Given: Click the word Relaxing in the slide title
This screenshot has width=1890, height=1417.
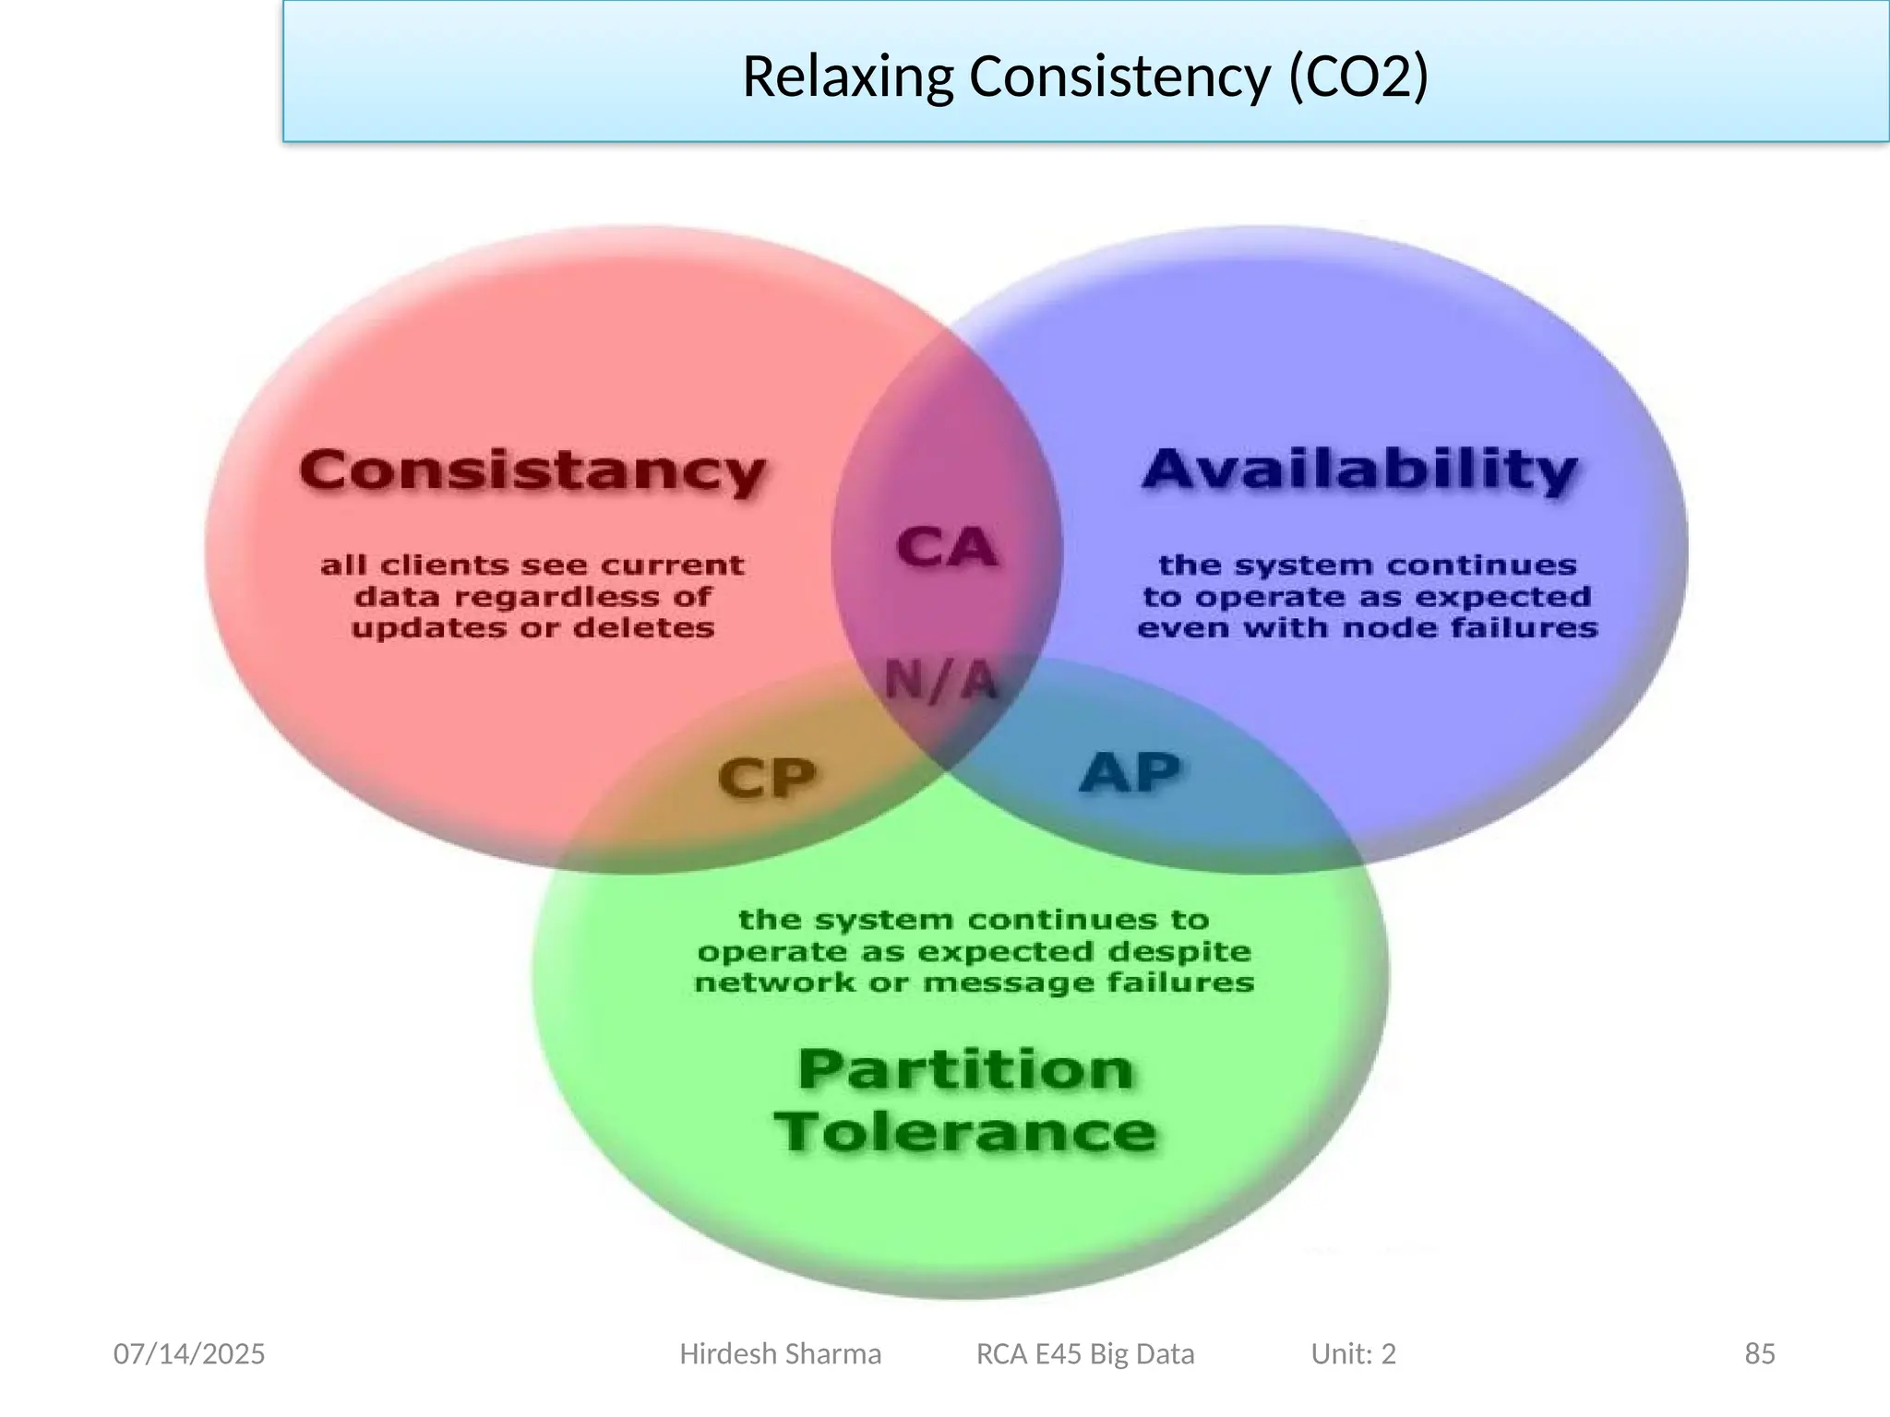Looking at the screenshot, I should tap(846, 77).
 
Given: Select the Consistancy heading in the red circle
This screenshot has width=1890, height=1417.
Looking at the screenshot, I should tap(532, 471).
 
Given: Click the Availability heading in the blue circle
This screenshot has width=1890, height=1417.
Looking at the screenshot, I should tap(1359, 470).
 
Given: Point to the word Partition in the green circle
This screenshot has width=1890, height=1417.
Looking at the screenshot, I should tap(965, 1070).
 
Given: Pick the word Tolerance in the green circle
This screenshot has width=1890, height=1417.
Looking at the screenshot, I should tap(965, 1131).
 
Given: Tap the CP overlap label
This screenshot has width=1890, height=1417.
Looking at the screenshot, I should tap(767, 778).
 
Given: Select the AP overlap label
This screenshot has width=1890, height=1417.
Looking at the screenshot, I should tap(1130, 773).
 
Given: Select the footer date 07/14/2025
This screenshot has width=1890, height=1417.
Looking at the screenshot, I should tap(189, 1354).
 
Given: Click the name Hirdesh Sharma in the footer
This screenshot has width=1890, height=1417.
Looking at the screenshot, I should tap(780, 1354).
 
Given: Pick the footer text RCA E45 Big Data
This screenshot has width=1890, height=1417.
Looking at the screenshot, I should tap(1085, 1354).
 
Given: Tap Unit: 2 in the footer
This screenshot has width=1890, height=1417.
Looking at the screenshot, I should tap(1353, 1354).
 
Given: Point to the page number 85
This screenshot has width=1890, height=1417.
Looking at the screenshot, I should tap(1759, 1354).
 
